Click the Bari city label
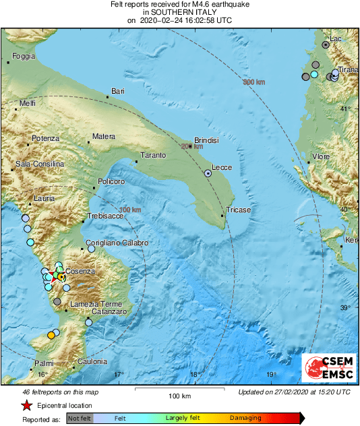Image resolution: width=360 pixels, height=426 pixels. (x=118, y=91)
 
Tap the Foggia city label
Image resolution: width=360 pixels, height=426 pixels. (x=23, y=56)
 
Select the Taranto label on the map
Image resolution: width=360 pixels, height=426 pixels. (x=153, y=156)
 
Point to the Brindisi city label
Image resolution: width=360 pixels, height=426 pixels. (x=207, y=140)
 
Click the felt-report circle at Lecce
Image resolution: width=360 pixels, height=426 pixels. (x=208, y=173)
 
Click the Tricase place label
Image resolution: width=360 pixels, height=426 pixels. (x=238, y=210)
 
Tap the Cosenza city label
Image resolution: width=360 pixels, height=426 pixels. (x=81, y=271)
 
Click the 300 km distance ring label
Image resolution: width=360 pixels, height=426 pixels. (x=254, y=82)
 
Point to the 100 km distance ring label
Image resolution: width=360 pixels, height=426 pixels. (x=130, y=210)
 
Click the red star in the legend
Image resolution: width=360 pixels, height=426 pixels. (x=26, y=406)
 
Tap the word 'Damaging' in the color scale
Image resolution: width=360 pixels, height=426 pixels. (x=245, y=418)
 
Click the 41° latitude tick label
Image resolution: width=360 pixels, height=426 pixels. (x=345, y=109)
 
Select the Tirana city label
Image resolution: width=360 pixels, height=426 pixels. (x=348, y=69)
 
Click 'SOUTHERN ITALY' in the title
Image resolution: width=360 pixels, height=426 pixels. (x=179, y=12)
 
